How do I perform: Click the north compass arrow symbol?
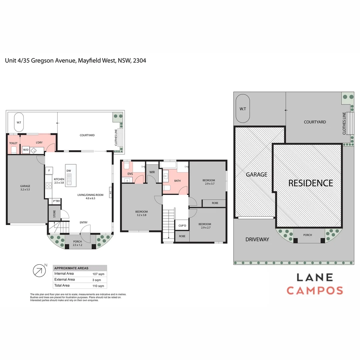tap(39, 270)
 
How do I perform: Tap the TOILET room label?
tap(13, 143)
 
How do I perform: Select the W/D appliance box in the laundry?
tap(26, 150)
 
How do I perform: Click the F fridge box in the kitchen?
tap(49, 171)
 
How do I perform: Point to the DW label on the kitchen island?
tap(69, 171)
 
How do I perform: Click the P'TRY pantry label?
tap(56, 201)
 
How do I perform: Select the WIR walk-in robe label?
tap(152, 172)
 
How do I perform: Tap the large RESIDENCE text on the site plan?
tap(310, 183)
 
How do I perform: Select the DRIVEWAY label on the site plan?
tap(257, 239)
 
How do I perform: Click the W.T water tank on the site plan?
tap(243, 109)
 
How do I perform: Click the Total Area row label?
tap(62, 285)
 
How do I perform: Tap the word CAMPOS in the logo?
tap(315, 290)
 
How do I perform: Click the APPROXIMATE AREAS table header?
tap(72, 268)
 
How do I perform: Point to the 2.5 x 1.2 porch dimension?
tap(77, 245)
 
